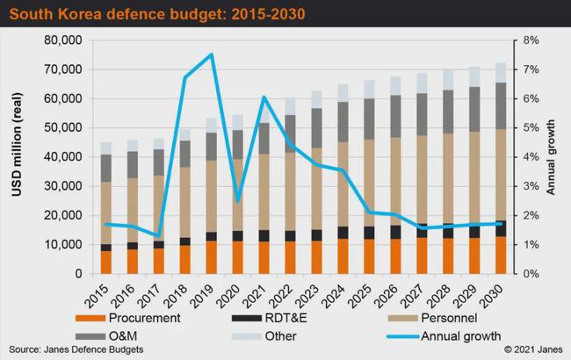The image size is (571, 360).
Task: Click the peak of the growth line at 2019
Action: (x=211, y=55)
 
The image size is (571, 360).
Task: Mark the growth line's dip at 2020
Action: (x=237, y=201)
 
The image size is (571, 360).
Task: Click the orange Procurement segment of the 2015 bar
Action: (x=106, y=262)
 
